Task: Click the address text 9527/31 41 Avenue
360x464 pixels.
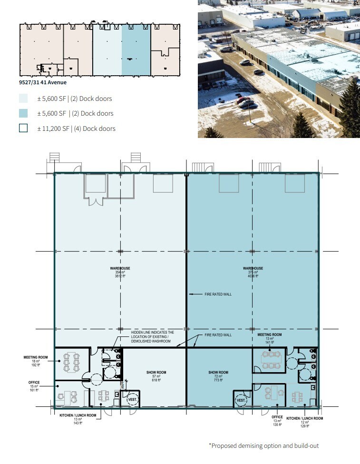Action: click(40, 82)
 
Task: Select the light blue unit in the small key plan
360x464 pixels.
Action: click(107, 50)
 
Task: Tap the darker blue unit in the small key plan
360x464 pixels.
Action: click(136, 50)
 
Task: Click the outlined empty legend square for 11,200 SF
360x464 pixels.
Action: click(23, 128)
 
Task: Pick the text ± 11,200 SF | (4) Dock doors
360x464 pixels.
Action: click(76, 128)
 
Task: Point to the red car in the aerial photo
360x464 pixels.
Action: click(243, 100)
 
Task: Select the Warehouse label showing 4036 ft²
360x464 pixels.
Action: click(252, 272)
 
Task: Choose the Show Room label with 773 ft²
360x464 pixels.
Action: click(218, 375)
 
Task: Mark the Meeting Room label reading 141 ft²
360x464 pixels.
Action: click(270, 338)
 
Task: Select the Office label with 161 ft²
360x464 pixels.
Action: click(33, 386)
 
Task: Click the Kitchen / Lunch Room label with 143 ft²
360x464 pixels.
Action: click(78, 419)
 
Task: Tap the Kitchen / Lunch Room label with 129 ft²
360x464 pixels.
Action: click(304, 420)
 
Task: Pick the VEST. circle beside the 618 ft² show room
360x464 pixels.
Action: click(132, 400)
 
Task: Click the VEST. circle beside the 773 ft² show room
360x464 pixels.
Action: click(241, 401)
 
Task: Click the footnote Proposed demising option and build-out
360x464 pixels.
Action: click(264, 446)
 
